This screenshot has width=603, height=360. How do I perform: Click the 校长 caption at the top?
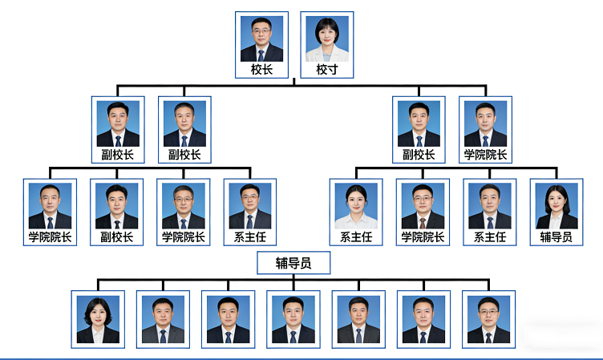click(x=261, y=70)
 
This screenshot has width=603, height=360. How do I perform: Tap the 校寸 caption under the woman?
click(x=326, y=70)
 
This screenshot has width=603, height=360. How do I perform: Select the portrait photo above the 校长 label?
click(x=261, y=39)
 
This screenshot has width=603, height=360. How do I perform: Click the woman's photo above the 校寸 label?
click(x=326, y=39)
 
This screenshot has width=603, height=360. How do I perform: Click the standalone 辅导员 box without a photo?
click(x=293, y=262)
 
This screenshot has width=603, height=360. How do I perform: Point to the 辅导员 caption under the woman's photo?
click(x=556, y=237)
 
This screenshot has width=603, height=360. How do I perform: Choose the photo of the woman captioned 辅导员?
click(x=556, y=206)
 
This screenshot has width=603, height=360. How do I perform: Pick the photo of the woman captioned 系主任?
click(x=356, y=206)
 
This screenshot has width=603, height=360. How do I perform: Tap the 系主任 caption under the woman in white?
click(x=356, y=237)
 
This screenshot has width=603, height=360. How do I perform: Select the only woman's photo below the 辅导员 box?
click(x=98, y=319)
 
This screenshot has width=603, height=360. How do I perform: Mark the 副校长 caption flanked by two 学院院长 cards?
click(x=117, y=237)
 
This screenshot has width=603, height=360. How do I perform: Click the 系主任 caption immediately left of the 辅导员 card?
click(x=490, y=237)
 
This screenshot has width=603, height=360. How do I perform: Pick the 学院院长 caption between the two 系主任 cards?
click(x=423, y=237)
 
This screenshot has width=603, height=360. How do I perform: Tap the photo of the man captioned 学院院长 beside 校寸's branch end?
click(x=485, y=123)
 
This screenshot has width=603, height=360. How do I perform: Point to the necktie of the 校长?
click(x=261, y=55)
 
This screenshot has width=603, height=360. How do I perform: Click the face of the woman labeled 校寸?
click(x=326, y=34)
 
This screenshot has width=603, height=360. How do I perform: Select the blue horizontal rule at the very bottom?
click(x=301, y=358)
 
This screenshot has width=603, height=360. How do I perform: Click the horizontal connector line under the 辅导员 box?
click(x=293, y=281)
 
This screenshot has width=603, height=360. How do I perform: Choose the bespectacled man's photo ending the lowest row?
click(x=488, y=319)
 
